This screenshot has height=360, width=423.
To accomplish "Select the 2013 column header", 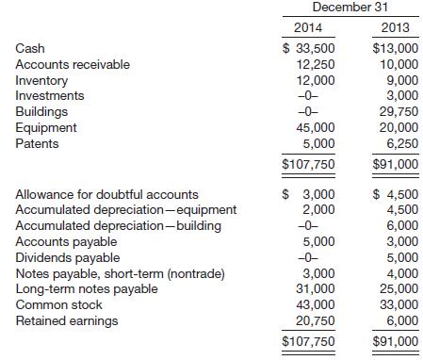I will (389, 28).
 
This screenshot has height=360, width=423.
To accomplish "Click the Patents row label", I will (36, 143).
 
